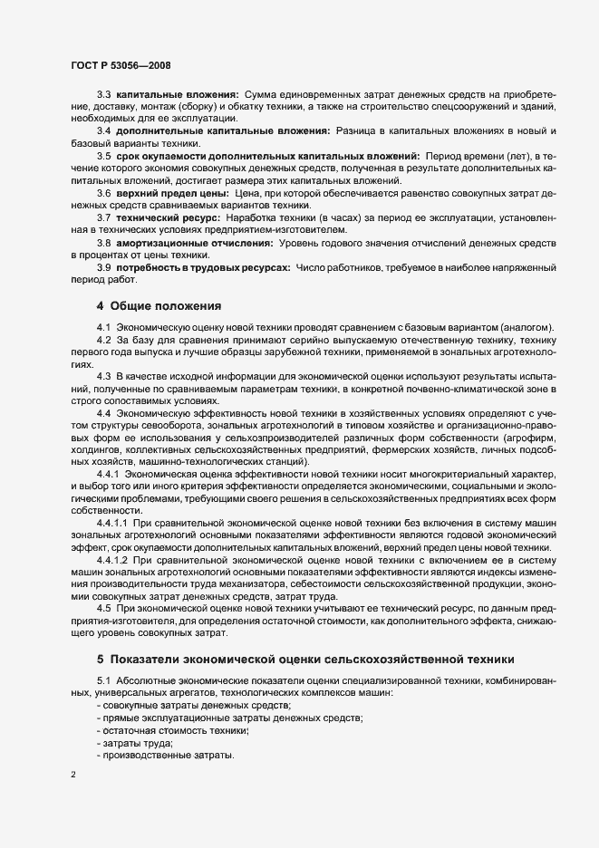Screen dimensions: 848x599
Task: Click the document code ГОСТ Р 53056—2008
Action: pos(121,65)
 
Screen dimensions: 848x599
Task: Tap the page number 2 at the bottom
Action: pos(73,776)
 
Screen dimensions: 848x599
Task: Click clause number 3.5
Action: pos(103,156)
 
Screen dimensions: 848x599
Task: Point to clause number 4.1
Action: pos(103,326)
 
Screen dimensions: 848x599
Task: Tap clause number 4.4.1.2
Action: pos(113,562)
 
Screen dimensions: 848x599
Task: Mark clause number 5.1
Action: pos(103,679)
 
